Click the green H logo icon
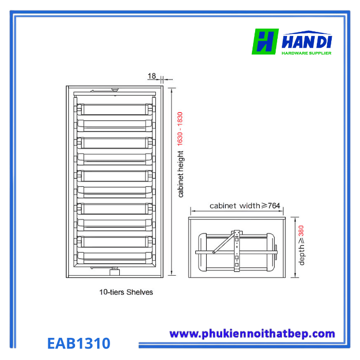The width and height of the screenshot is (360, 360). click(x=265, y=42)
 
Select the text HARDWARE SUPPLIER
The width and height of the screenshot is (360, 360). click(x=306, y=52)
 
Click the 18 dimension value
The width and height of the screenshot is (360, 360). click(x=152, y=76)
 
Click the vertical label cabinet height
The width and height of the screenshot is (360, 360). click(x=181, y=174)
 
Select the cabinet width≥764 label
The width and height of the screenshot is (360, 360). click(x=244, y=206)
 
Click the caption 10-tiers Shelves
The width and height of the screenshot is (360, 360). click(x=126, y=292)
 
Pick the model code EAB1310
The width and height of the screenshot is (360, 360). click(x=79, y=343)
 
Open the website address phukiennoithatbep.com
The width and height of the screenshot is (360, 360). click(x=252, y=334)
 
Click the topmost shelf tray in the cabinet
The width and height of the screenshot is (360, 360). click(x=114, y=109)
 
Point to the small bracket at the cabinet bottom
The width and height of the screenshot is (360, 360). click(x=115, y=268)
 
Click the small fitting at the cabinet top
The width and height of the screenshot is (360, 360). click(x=115, y=90)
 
